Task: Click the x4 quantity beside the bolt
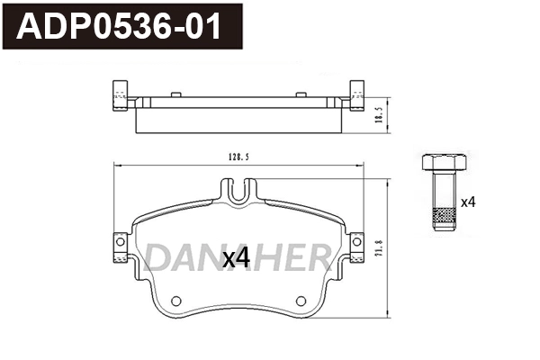point(468,202)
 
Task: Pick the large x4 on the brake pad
point(236,260)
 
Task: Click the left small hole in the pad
point(176,301)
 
